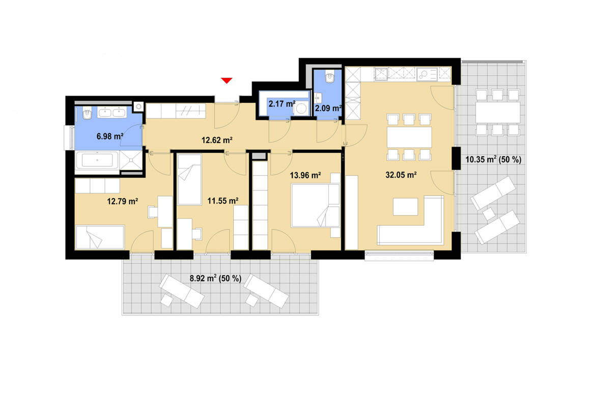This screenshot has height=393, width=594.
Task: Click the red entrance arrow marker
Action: click(x=227, y=80)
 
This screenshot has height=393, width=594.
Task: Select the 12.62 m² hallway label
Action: click(x=217, y=140)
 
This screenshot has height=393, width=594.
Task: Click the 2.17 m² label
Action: click(x=282, y=104)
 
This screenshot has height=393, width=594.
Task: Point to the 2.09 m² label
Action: click(x=328, y=108)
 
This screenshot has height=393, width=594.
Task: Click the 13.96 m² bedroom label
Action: click(x=305, y=176)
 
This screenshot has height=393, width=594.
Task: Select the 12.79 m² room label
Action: click(x=123, y=201)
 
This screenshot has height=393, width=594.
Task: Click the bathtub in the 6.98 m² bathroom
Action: click(x=100, y=161)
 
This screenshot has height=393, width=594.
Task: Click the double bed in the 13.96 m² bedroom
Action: click(x=315, y=205)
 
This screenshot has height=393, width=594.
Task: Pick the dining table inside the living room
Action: click(x=409, y=137)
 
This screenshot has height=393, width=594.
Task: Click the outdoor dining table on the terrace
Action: click(x=497, y=112)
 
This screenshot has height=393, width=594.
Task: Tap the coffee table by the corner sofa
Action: click(x=405, y=206)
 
